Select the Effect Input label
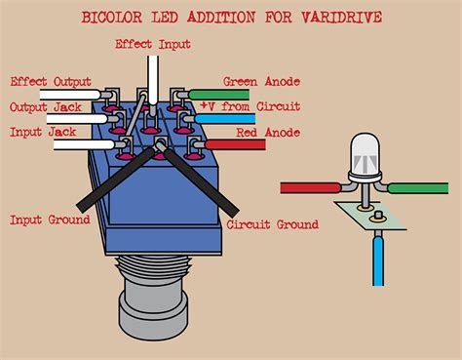tap(153, 44)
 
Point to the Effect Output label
tap(51, 82)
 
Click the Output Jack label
tap(47, 107)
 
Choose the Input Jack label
tap(44, 131)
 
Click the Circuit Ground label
tap(273, 224)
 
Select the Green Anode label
tap(261, 82)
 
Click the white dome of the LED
tap(364, 151)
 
